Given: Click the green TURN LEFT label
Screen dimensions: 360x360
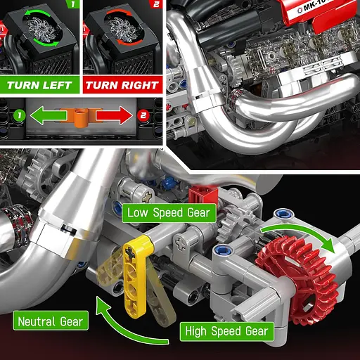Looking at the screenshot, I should [x=41, y=86].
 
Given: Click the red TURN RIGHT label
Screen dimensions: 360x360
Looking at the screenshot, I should [x=122, y=86].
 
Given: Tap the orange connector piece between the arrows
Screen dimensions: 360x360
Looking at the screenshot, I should [x=82, y=115].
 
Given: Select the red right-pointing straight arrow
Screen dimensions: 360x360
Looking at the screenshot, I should [x=115, y=115].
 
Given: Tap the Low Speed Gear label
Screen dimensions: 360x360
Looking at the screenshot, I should [x=168, y=213].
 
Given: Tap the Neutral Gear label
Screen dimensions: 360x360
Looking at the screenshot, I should [x=51, y=322].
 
